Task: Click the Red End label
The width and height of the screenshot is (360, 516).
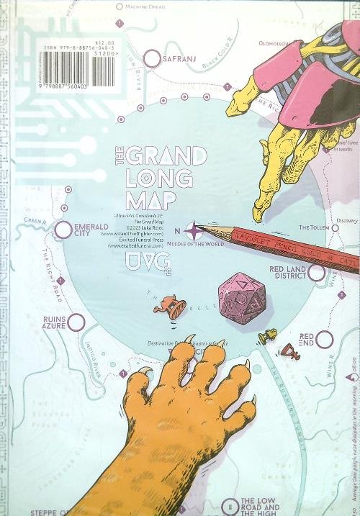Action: coord(306,340)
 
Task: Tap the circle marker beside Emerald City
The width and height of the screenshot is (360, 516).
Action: coord(63,230)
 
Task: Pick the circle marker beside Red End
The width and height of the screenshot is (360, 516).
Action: coord(325,340)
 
